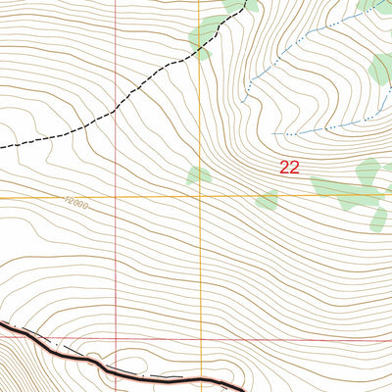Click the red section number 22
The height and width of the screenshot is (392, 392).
pos(289,168)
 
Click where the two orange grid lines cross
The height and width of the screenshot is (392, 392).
pos(203,197)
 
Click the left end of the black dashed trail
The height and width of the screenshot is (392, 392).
pos(1,147)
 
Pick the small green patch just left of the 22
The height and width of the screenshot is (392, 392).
pos(199,175)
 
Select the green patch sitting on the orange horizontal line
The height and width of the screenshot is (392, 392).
pos(267,200)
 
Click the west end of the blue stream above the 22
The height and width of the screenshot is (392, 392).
pos(273,132)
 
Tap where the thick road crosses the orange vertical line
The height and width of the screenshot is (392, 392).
pos(203,378)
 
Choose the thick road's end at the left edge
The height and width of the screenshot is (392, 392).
pos(1,320)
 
